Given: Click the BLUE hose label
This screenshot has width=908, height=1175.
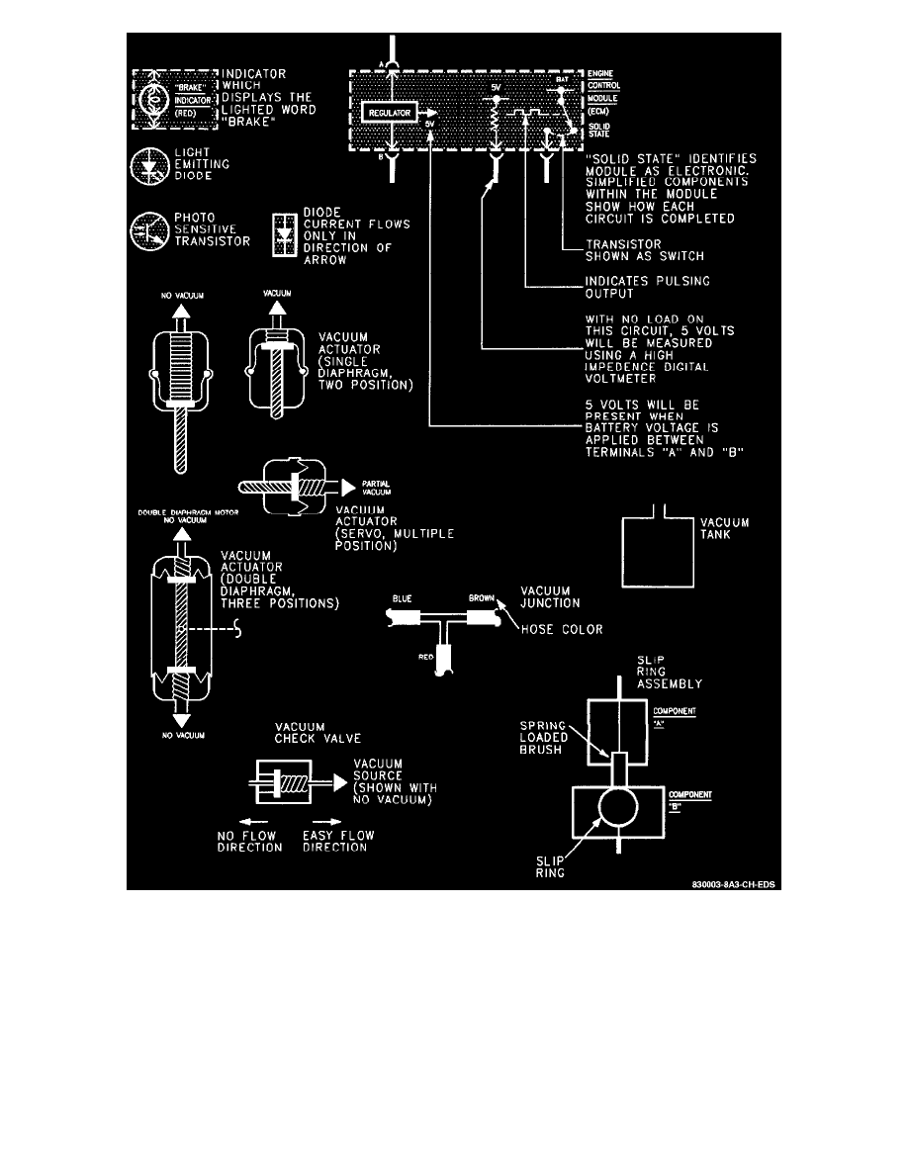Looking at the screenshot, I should tap(402, 599).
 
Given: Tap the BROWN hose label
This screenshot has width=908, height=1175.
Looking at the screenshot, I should tap(484, 599).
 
